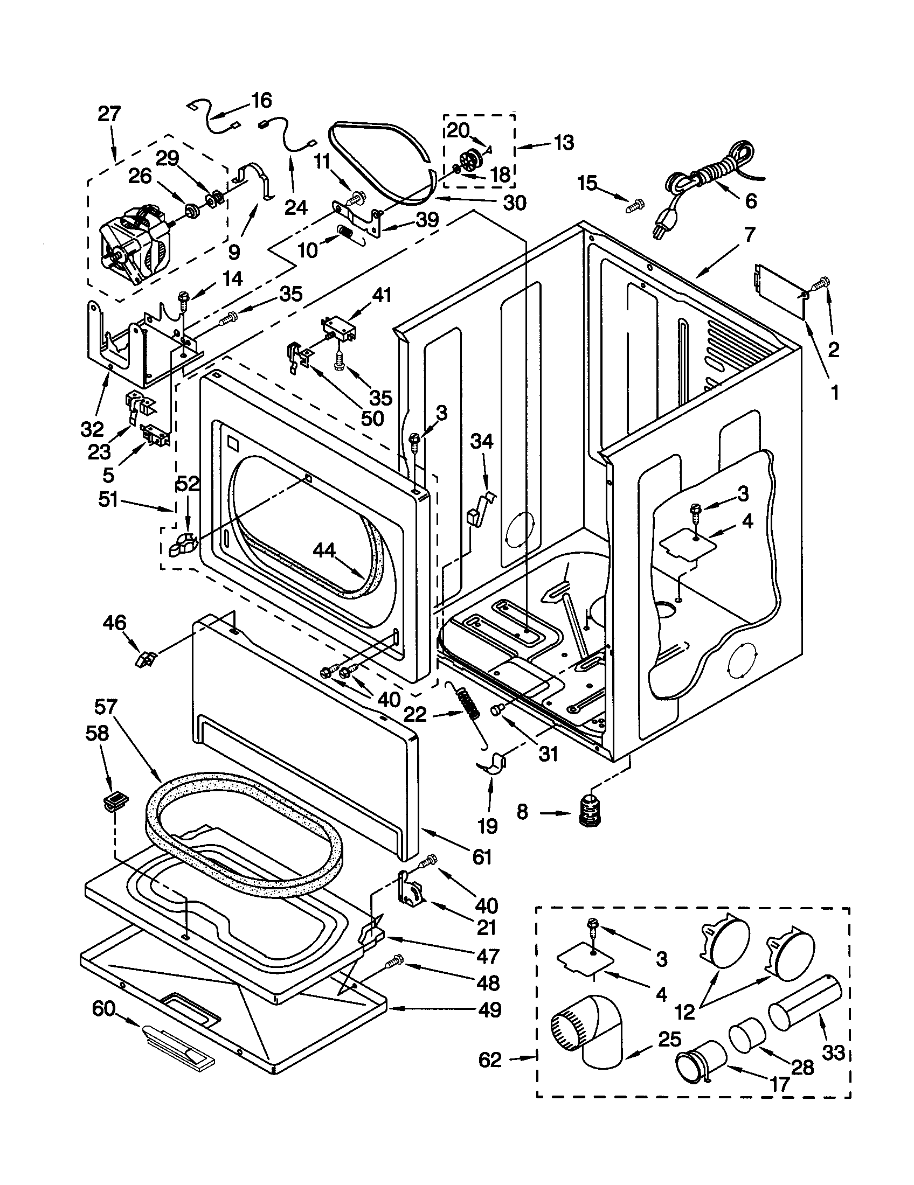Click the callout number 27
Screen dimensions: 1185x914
coord(109,115)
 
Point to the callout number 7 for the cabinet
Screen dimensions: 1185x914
coord(749,235)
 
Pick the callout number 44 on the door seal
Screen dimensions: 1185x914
coord(324,551)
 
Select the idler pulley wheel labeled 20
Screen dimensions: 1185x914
coord(468,160)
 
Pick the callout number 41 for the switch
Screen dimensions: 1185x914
coord(382,295)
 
